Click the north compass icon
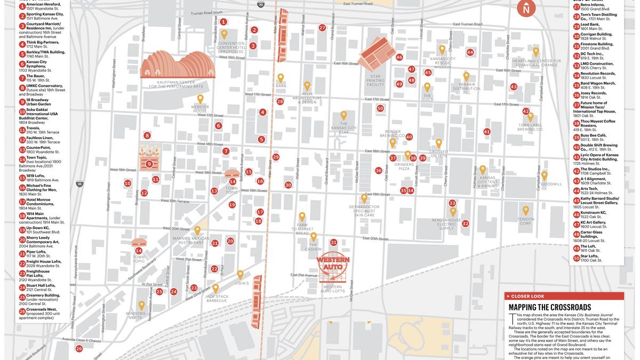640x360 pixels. point(526,9)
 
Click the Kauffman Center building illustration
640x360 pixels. point(178,65)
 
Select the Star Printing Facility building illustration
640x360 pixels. point(376,53)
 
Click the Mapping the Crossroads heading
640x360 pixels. point(549,307)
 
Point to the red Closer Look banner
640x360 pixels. point(564,296)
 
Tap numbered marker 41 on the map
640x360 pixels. point(486,131)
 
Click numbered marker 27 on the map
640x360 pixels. point(322,27)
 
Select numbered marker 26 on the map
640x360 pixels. point(79,349)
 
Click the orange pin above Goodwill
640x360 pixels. point(544,175)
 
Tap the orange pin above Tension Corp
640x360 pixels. point(525,210)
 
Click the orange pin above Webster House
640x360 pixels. point(200,99)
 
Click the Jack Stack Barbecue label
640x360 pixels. point(217,299)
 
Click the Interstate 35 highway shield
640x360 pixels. point(79,184)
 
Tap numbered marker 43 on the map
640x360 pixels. point(513,86)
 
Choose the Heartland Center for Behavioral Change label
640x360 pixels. point(536,63)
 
